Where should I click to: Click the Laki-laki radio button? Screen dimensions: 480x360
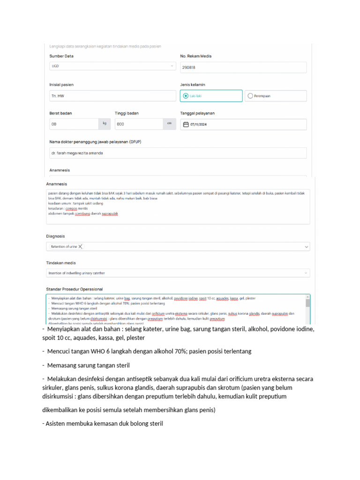coord(184,96)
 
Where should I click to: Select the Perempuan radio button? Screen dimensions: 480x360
coord(250,96)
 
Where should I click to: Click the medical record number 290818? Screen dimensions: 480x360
coord(189,67)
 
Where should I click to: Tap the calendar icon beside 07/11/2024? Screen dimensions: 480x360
coord(186,124)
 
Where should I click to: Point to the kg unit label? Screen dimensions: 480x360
coord(105,124)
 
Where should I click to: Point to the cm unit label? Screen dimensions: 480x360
coord(169,124)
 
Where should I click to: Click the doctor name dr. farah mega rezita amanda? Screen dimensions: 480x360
coord(77,153)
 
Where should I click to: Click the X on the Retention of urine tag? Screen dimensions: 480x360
coord(81,246)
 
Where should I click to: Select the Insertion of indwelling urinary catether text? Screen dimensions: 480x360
coord(76,273)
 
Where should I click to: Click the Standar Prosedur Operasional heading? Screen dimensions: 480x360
coord(74,289)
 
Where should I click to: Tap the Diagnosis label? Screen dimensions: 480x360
coord(55,236)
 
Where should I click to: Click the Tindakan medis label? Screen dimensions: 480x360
coord(60,263)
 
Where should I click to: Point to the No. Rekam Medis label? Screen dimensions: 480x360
coord(195,56)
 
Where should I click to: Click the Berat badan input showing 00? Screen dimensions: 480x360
coord(73,124)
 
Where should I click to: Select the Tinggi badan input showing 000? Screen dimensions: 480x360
coord(138,124)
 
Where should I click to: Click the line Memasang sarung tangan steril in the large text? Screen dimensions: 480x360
coord(87,365)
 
